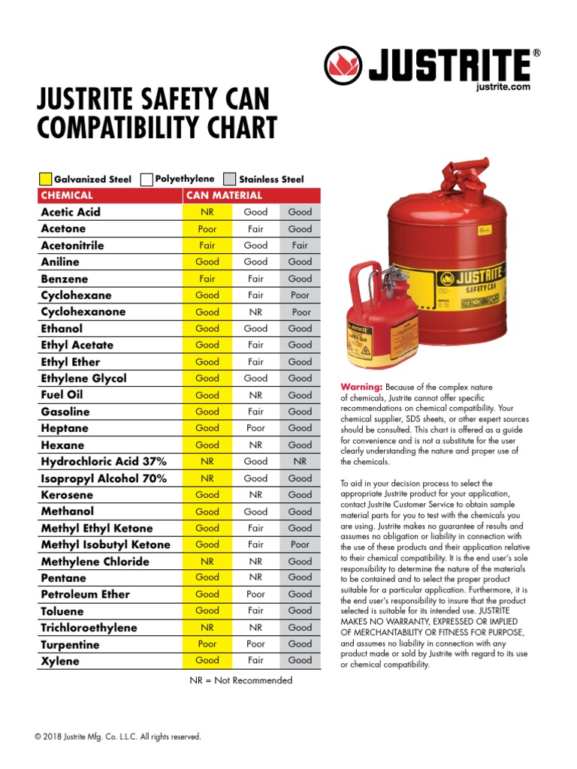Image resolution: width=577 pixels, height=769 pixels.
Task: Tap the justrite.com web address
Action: pos(503,87)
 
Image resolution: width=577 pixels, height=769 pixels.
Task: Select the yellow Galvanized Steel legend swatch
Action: pos(45,179)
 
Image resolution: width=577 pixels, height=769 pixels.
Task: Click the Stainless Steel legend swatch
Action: pos(230,179)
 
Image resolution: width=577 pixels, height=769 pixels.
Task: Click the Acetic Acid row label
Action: pos(71,212)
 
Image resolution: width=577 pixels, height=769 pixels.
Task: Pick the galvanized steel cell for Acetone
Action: pos(207,228)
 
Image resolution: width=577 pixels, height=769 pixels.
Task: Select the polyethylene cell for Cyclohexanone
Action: pos(255,312)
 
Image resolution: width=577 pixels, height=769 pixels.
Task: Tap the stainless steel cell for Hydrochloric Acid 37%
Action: pos(300,461)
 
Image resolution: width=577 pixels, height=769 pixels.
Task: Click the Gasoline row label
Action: pos(65,412)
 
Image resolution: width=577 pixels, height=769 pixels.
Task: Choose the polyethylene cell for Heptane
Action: pos(255,428)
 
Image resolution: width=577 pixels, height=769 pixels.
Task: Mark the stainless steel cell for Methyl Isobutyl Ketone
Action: pos(300,544)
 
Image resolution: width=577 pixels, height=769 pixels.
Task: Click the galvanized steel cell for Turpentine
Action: pos(207,644)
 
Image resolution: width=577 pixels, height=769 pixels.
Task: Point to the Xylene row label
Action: pos(60,661)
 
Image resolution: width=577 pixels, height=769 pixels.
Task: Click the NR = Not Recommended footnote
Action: pos(240,680)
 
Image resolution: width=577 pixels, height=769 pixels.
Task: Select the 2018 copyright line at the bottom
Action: pos(118,737)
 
